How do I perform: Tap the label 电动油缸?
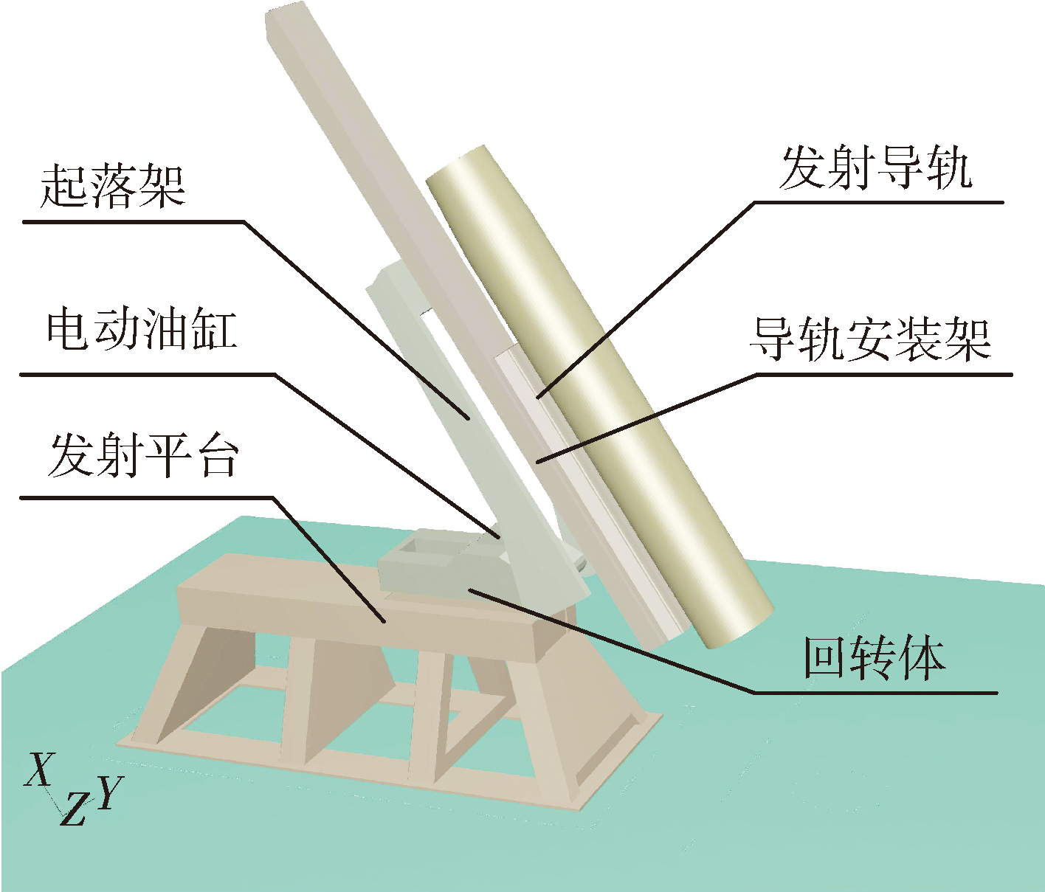[x=142, y=331]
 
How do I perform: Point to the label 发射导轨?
[x=875, y=169]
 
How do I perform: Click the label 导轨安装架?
[x=869, y=339]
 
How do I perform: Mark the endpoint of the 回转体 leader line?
[x=470, y=589]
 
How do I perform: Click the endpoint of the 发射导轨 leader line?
[x=539, y=397]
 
